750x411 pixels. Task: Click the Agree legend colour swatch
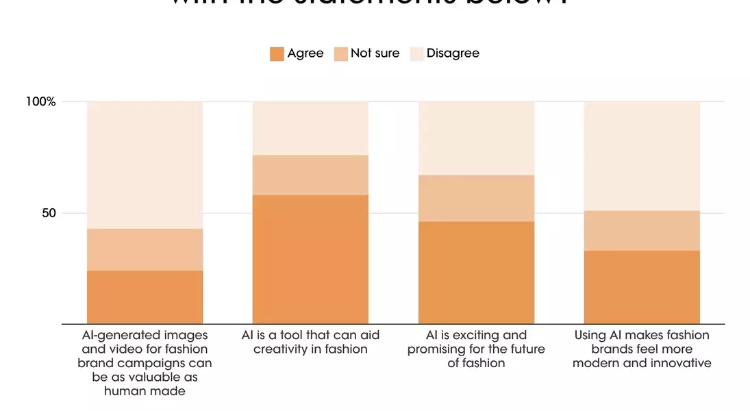click(277, 54)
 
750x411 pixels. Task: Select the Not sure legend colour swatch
click(340, 54)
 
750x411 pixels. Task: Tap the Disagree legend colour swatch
click(416, 54)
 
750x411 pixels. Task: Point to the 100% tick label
click(40, 101)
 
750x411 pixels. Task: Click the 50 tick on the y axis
click(49, 213)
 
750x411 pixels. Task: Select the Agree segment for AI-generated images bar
click(145, 297)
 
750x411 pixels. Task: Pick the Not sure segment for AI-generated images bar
click(145, 249)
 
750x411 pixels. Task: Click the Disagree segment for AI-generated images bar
click(145, 165)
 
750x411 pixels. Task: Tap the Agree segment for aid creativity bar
click(310, 259)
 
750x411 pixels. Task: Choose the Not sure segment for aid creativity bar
click(310, 175)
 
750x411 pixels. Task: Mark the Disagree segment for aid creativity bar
click(310, 128)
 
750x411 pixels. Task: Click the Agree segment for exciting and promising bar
click(476, 272)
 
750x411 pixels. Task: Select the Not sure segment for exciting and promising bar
click(476, 198)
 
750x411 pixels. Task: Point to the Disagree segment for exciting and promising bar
click(476, 138)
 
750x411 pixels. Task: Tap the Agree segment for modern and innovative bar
click(642, 287)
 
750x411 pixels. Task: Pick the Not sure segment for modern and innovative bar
click(642, 230)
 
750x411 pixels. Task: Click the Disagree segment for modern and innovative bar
click(642, 156)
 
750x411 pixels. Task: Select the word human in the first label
click(124, 391)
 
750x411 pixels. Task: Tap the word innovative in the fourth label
click(678, 363)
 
